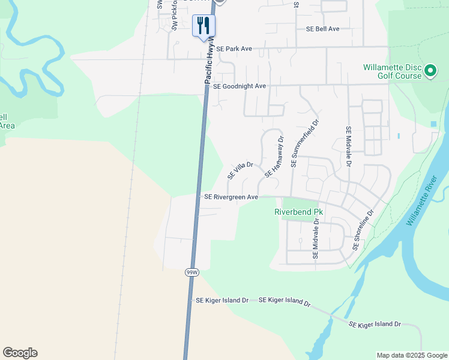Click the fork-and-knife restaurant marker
[203, 26]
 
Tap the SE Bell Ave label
[322, 29]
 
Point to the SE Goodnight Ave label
[239, 86]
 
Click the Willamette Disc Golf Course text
[393, 72]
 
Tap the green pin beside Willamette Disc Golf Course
[430, 72]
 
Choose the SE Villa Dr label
[241, 170]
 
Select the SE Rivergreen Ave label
[231, 197]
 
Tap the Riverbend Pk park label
[298, 212]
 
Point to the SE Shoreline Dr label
[363, 230]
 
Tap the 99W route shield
[191, 272]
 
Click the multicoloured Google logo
[20, 353]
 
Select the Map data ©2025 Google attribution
[411, 355]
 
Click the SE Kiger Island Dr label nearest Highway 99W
[221, 300]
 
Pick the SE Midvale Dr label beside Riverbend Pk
[316, 239]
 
